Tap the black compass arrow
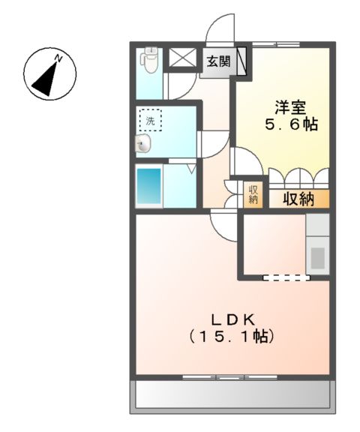(47, 74)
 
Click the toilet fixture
(150, 60)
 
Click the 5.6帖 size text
(289, 124)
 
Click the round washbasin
(142, 144)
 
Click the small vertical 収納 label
(253, 193)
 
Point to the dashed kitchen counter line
(286, 277)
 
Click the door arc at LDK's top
(223, 223)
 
